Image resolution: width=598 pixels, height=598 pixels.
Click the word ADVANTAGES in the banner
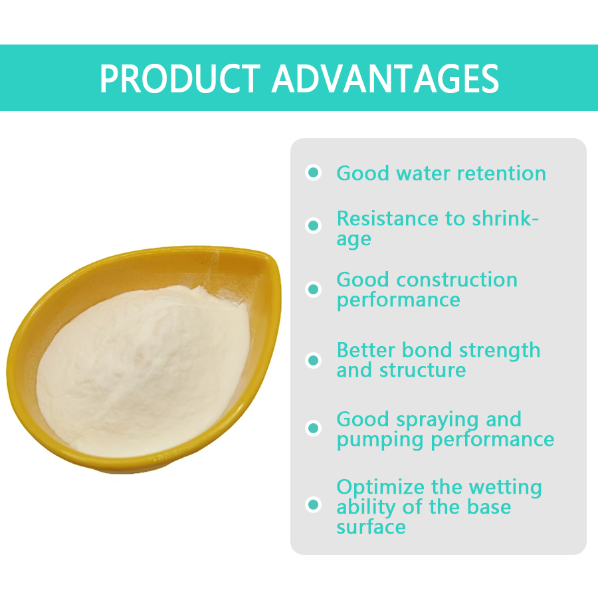[385, 79]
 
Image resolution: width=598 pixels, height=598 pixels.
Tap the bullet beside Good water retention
[314, 173]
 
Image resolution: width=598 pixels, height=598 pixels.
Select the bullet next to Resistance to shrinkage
[314, 225]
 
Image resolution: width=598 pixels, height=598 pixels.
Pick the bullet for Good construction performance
[314, 290]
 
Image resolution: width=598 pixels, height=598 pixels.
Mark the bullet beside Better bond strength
[314, 360]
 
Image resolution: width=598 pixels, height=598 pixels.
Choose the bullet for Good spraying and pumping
[314, 429]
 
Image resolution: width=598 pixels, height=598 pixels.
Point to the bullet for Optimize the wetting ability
[314, 504]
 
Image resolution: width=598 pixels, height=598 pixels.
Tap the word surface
[371, 527]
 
